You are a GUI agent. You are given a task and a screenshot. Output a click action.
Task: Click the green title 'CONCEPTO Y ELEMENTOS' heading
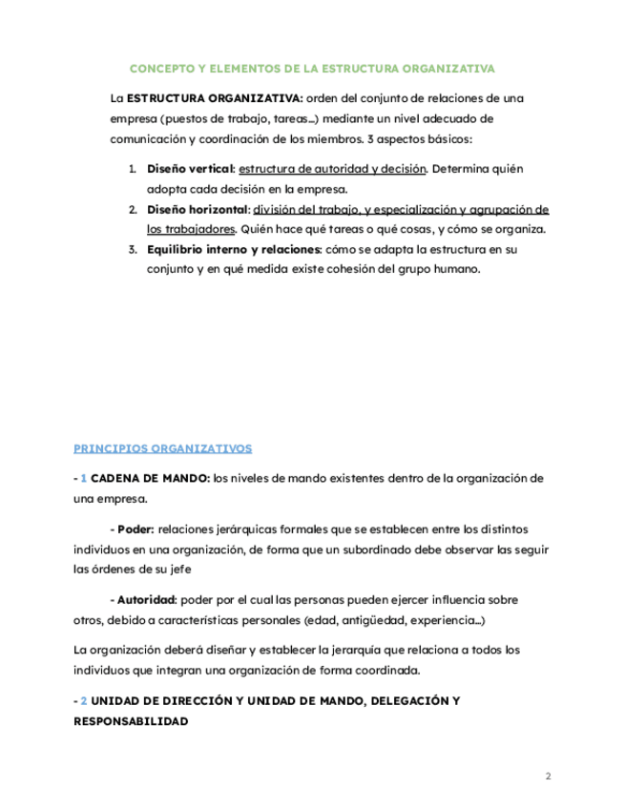312,69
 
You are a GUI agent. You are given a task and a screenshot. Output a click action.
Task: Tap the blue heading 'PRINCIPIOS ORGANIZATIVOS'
162,446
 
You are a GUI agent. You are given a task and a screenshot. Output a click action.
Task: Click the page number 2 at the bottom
548,776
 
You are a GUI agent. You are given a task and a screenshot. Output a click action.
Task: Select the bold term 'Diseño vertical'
190,169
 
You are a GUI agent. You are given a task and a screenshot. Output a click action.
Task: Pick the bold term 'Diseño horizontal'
198,209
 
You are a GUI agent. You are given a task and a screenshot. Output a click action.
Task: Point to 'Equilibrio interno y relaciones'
234,249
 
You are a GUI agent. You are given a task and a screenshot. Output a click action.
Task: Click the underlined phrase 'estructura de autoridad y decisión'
331,169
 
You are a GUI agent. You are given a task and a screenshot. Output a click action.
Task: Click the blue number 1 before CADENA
83,477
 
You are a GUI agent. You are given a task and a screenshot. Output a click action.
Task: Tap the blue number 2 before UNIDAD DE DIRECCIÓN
83,700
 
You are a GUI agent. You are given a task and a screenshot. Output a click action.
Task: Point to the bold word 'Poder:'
136,529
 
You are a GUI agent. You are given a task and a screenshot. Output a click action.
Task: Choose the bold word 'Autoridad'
146,600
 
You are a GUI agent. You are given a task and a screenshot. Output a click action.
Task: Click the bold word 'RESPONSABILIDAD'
130,721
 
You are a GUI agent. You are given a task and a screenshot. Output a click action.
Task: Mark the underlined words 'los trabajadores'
190,229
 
